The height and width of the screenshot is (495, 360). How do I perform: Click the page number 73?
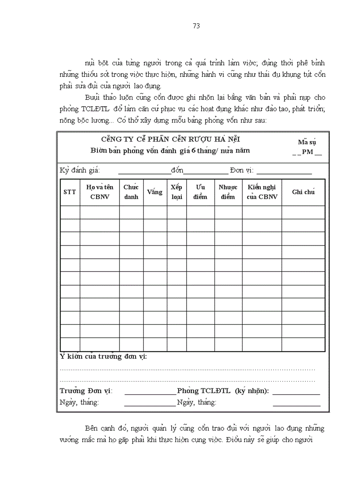(197, 26)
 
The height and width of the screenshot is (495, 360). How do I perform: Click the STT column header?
(70, 192)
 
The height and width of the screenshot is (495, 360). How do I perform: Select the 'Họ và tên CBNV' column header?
(100, 192)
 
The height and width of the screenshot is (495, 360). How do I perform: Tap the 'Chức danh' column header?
(131, 192)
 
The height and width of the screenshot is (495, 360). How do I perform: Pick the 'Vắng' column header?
(155, 192)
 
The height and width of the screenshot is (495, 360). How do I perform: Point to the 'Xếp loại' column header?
(176, 192)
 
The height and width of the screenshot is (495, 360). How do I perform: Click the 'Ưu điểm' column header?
(200, 192)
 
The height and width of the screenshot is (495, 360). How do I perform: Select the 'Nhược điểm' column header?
(228, 192)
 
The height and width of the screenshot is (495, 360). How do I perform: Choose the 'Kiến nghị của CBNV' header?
(262, 192)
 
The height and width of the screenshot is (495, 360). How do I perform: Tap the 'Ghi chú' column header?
(303, 192)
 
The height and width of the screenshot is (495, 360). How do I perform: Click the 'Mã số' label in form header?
(307, 142)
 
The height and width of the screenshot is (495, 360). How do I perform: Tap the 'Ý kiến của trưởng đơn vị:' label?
(103, 357)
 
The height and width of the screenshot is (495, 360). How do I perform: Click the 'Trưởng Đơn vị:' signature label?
(86, 391)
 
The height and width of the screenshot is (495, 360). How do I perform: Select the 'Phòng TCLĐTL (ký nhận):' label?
(223, 391)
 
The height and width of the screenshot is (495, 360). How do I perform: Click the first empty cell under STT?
(70, 212)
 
